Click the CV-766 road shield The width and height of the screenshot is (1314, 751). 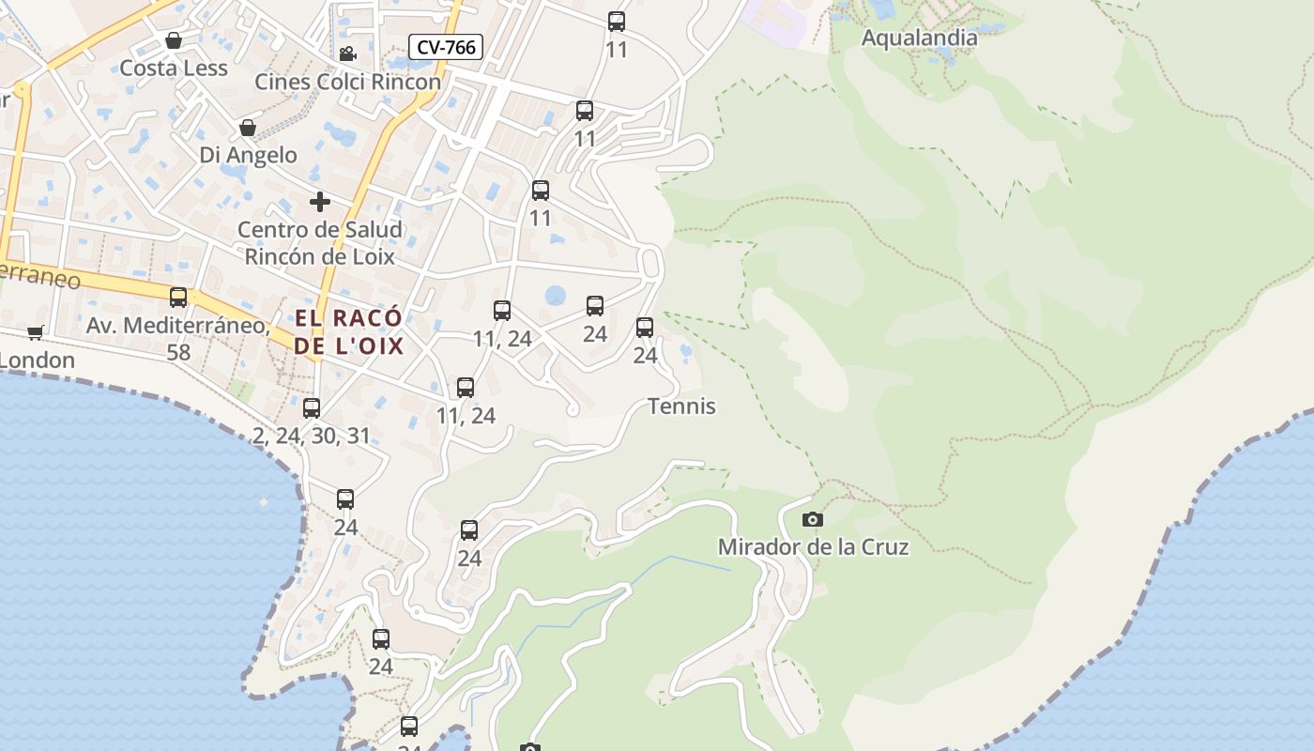(x=446, y=47)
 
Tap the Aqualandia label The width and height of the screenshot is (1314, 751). (x=919, y=38)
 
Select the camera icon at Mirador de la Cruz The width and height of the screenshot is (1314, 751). (x=813, y=520)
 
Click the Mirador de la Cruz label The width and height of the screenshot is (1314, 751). (x=813, y=546)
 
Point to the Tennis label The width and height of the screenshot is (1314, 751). (x=681, y=406)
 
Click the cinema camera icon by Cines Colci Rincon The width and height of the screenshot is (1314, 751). (x=347, y=54)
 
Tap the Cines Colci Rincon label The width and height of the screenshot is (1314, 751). (x=347, y=82)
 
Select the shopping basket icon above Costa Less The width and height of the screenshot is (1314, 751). (x=174, y=40)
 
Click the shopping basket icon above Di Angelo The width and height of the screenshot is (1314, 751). (x=248, y=128)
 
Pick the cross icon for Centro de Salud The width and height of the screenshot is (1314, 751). (x=320, y=202)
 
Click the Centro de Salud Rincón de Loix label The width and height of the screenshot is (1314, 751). (x=320, y=242)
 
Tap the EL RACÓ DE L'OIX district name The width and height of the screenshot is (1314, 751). (x=348, y=331)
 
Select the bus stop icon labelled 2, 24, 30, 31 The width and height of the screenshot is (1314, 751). (x=312, y=408)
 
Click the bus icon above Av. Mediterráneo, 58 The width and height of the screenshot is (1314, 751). (x=178, y=298)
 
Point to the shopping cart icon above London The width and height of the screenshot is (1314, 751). (x=36, y=332)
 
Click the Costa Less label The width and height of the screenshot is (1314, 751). (x=174, y=69)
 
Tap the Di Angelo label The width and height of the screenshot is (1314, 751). (x=248, y=155)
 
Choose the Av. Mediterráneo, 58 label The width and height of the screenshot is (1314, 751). (x=178, y=339)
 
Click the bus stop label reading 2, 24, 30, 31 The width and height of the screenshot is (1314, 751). (x=312, y=436)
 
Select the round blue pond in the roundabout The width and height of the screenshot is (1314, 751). (x=556, y=296)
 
